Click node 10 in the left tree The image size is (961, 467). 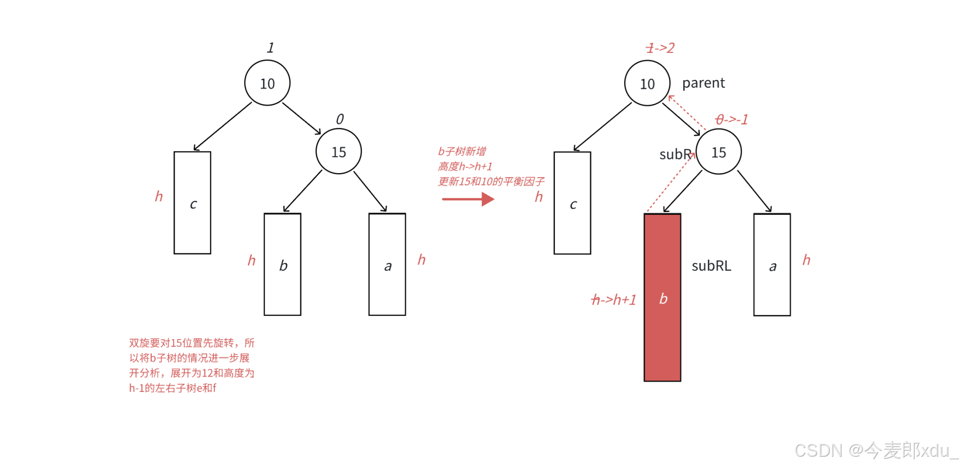pos(267,83)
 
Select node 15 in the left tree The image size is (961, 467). pos(339,152)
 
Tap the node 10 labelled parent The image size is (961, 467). pos(647,84)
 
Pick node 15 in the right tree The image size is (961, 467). pos(718,153)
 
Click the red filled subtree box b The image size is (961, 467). pos(662,298)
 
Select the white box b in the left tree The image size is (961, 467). pos(282,265)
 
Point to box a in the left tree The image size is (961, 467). pos(387,265)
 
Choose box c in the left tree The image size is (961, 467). pos(192,203)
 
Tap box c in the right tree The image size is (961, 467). pos(572,203)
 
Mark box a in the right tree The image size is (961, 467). pos(772,265)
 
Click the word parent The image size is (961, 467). pos(703,83)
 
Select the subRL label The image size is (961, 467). pos(711,266)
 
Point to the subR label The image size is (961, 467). pos(675,155)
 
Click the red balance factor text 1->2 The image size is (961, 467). pos(660,48)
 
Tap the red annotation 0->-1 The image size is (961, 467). pos(732,120)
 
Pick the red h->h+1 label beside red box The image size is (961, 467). pos(614,300)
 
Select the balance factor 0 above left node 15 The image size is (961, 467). pos(340,119)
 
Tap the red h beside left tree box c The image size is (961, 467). pos(159,197)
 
